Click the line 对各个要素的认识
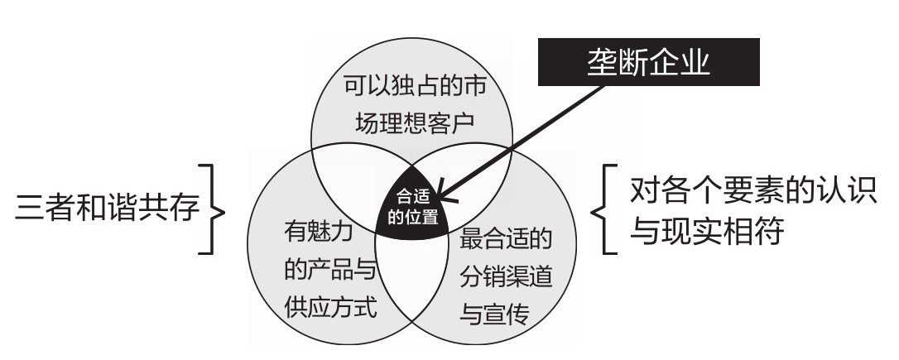(752, 192)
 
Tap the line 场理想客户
(411, 124)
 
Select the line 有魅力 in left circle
(317, 232)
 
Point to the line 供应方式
(329, 309)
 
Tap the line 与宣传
(493, 315)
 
